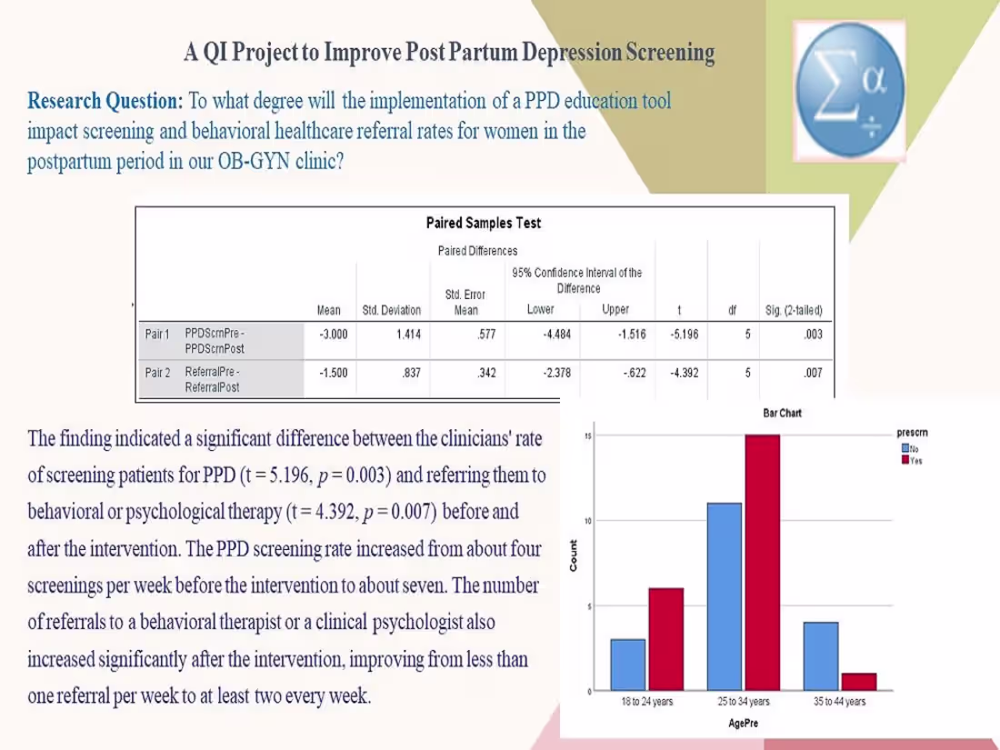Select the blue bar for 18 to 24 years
coord(628,665)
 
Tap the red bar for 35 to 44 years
coord(859,682)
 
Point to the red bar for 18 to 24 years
coord(665,639)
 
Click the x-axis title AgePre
coord(744,723)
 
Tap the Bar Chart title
coord(782,413)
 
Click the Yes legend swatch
coord(905,459)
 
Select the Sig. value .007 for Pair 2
coord(814,372)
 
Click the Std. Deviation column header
coord(391,310)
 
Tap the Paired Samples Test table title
coord(483,223)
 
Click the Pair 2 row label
coord(157,372)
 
